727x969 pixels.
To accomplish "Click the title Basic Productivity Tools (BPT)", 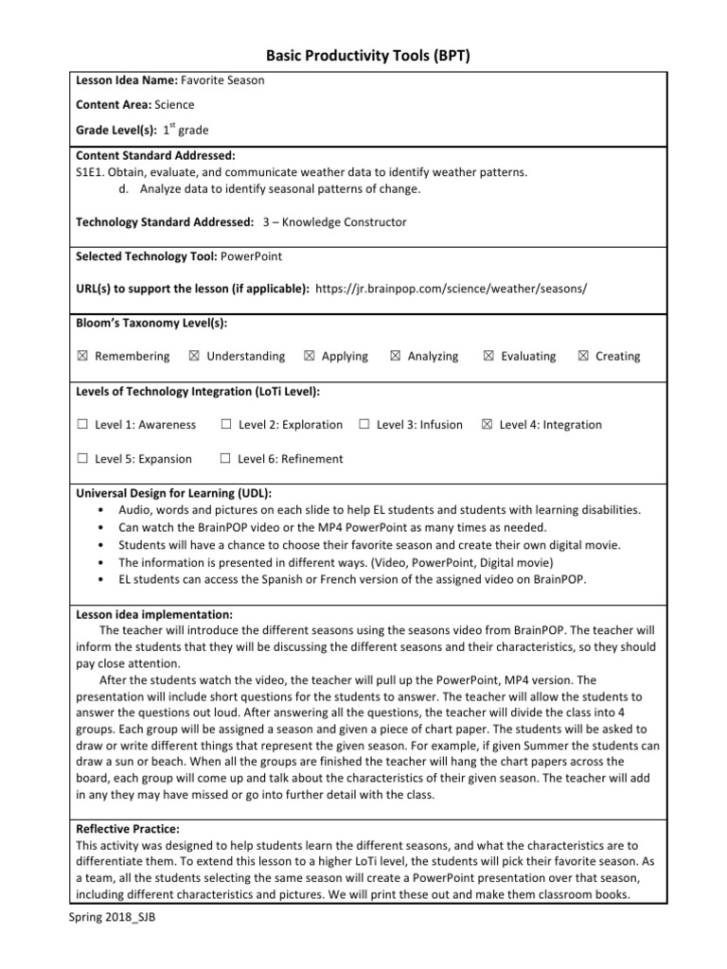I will tap(363, 56).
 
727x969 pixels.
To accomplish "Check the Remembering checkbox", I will tap(82, 357).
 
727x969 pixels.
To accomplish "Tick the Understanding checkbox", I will tap(194, 357).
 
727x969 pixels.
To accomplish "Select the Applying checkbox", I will tap(310, 357).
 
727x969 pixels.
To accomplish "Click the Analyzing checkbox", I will tap(395, 357).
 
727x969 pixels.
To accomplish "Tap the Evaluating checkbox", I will tap(488, 357).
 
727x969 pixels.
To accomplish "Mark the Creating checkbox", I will tap(582, 357).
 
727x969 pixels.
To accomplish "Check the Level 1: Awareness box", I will tap(82, 425).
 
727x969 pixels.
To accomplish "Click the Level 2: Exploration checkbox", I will tap(225, 425).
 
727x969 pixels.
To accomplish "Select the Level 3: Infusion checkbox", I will tap(364, 425).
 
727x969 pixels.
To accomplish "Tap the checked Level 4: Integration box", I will tap(488, 425).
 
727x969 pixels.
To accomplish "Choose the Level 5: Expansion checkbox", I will tap(82, 459).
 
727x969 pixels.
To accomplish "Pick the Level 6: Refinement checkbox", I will tap(225, 459).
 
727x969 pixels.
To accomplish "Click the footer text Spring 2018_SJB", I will tap(106, 919).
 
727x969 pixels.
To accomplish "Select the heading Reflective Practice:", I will tap(127, 829).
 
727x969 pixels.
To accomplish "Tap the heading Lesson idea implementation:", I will tap(147, 614).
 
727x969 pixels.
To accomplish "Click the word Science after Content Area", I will tap(175, 105).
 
